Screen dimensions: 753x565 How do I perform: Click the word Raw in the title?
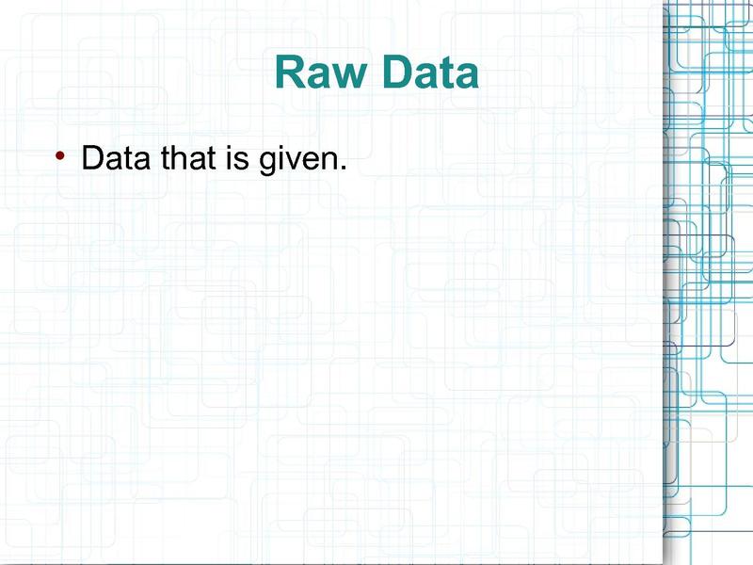(x=320, y=73)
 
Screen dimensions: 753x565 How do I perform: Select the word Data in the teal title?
(x=431, y=73)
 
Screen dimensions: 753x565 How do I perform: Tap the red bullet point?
(x=60, y=155)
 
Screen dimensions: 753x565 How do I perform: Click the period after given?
(x=343, y=168)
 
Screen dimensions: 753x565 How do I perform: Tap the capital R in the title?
(x=289, y=73)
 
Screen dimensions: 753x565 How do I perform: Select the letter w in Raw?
(x=348, y=76)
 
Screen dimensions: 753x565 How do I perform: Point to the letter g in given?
(x=267, y=163)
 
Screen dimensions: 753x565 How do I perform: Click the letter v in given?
(x=295, y=160)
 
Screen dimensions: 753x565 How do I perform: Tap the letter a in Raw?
(x=317, y=76)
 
